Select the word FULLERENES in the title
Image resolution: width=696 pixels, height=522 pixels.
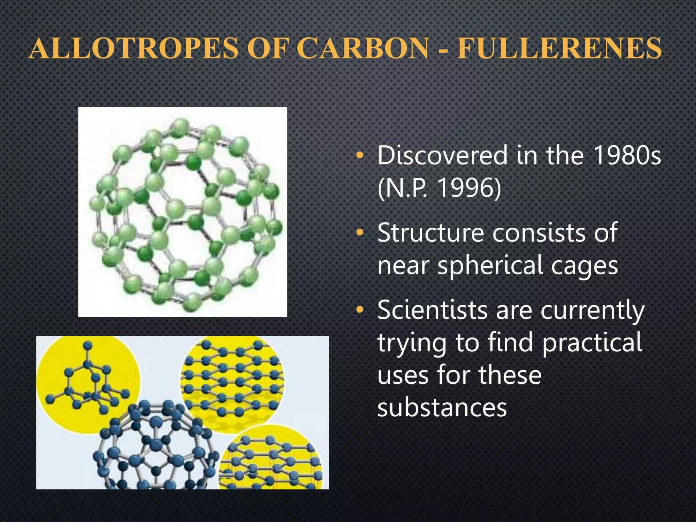point(559,49)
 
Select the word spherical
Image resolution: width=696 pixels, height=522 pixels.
point(490,266)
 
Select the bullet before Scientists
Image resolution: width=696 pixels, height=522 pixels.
point(360,311)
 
